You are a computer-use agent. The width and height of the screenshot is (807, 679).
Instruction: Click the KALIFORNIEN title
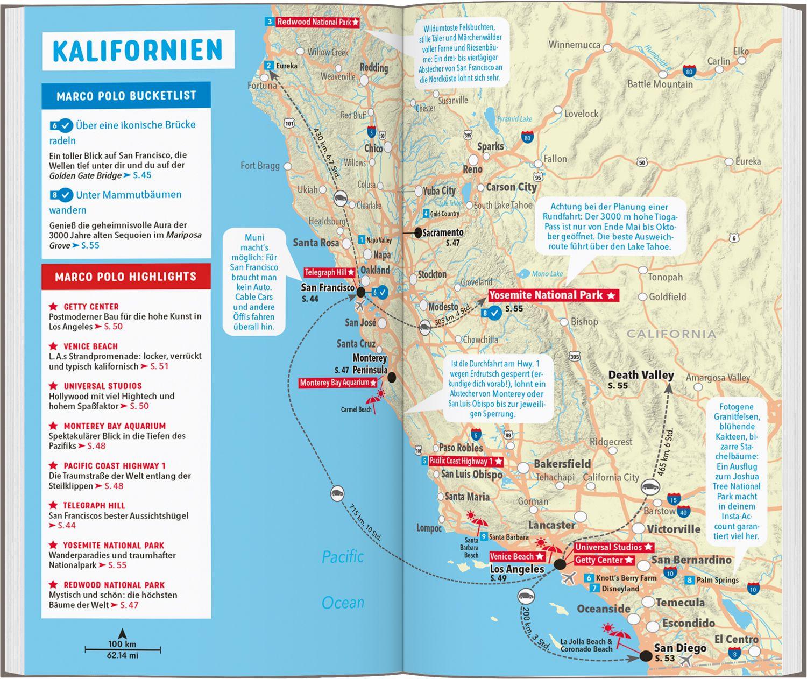tap(138, 50)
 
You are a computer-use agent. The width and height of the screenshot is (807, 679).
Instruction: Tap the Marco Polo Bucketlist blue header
tap(126, 96)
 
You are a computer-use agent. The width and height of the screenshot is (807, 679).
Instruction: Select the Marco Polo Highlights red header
tap(126, 277)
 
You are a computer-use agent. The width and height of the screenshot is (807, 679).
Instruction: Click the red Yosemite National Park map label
tap(553, 295)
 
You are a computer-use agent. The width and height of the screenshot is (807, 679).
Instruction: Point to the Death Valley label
tap(641, 375)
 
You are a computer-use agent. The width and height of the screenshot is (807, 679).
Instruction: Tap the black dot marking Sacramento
tap(417, 232)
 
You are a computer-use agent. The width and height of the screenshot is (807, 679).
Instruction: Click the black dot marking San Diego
tap(645, 656)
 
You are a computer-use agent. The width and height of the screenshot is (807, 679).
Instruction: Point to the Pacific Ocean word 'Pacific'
tap(343, 556)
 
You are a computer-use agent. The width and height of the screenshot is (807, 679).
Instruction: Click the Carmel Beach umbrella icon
tap(372, 400)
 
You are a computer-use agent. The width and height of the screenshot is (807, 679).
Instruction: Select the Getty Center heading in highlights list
tap(91, 307)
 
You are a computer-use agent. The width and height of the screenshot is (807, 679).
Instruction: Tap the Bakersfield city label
tap(562, 464)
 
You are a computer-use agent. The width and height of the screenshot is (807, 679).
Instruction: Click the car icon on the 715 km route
tap(337, 493)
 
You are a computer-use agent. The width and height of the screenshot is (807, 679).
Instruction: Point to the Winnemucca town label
tap(574, 45)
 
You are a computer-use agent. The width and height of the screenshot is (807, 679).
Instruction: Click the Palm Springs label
tap(718, 580)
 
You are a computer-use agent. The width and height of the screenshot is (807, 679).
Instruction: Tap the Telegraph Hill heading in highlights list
tap(94, 506)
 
